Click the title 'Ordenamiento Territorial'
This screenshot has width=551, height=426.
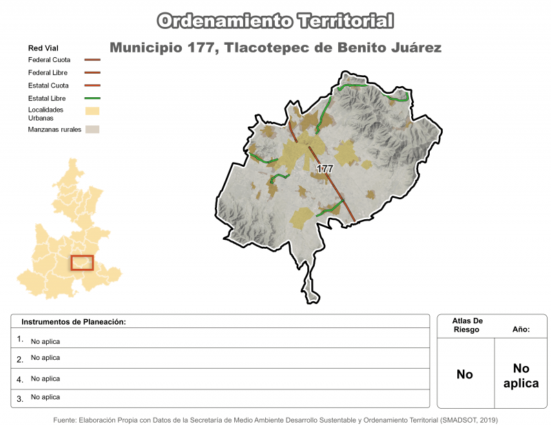275,21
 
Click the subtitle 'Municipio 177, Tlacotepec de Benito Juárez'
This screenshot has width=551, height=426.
275,48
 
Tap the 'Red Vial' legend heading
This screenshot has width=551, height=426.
43,48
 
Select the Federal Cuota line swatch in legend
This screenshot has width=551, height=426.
92,60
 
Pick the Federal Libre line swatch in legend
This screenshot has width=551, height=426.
92,72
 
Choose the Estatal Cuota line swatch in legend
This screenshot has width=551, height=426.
92,85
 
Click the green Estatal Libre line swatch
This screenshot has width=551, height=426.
92,99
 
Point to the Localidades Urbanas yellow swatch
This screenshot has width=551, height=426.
92,110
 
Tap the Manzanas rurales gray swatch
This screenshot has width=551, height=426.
92,129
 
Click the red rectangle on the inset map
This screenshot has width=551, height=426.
82,263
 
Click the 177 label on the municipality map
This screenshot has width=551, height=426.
324,169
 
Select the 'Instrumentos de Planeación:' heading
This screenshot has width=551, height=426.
74,322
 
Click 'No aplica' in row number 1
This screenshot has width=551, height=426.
45,341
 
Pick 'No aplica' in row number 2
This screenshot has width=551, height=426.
45,358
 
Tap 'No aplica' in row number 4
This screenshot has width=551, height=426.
45,378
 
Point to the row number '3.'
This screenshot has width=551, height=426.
20,398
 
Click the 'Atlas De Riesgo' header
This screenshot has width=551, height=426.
468,325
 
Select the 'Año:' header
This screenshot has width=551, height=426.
521,330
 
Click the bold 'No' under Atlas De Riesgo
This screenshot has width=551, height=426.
465,375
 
